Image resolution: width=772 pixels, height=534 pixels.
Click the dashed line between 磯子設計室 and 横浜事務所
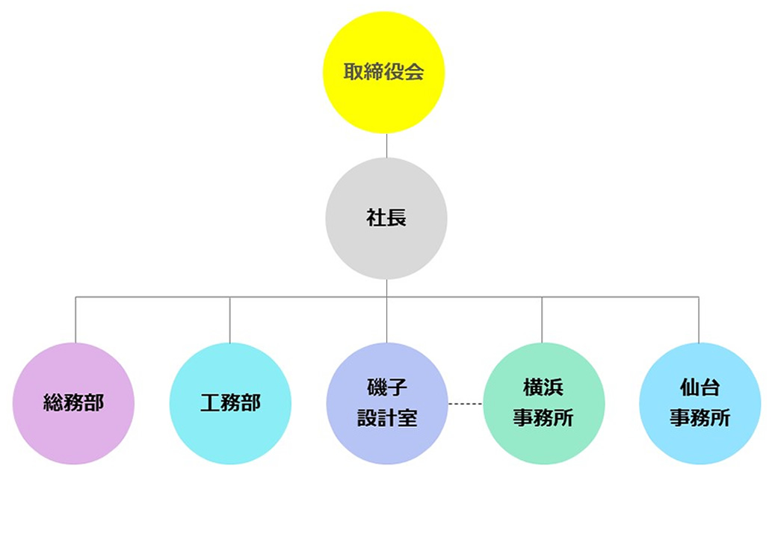pyautogui.click(x=465, y=404)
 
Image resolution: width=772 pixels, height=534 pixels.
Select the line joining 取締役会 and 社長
pyautogui.click(x=386, y=146)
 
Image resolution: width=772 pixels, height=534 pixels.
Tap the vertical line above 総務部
pyautogui.click(x=75, y=320)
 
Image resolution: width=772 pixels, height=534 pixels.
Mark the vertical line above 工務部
pyautogui.click(x=229, y=320)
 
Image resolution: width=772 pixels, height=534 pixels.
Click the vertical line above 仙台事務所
pyautogui.click(x=699, y=320)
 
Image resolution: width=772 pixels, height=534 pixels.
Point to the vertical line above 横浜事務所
pyautogui.click(x=542, y=320)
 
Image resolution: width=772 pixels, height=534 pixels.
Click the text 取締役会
pyautogui.click(x=383, y=73)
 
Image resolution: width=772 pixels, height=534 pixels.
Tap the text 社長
pyautogui.click(x=386, y=218)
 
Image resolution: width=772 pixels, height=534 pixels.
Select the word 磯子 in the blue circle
pyautogui.click(x=387, y=388)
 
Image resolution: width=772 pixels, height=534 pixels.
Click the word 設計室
pyautogui.click(x=387, y=418)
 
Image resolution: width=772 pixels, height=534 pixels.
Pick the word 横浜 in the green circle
pyautogui.click(x=543, y=388)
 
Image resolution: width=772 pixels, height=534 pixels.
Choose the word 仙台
pyautogui.click(x=700, y=388)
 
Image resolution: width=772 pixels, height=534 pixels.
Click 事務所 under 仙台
pyautogui.click(x=700, y=418)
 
